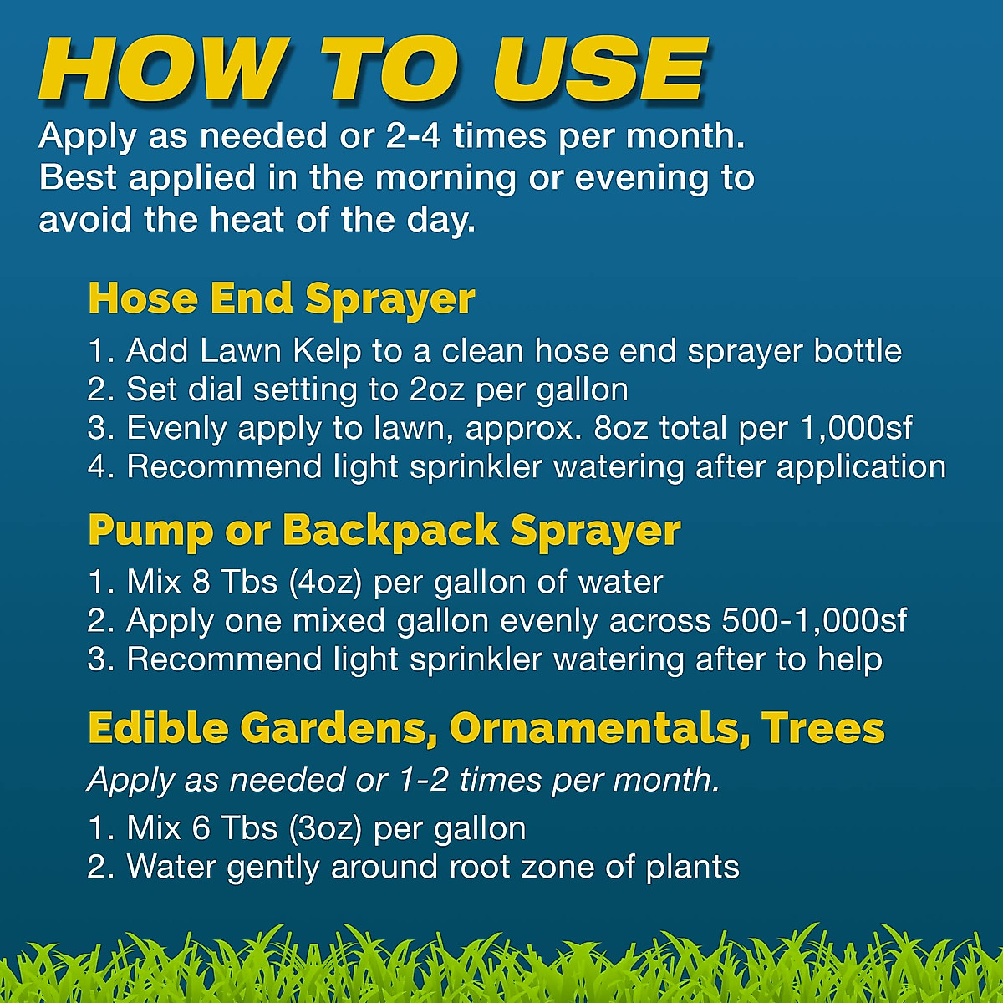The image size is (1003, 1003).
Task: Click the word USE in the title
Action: pyautogui.click(x=600, y=69)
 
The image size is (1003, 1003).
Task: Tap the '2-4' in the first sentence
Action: pyautogui.click(x=413, y=136)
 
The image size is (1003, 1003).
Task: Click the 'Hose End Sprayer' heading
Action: pyautogui.click(x=282, y=299)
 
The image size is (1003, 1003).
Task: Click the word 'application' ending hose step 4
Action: pyautogui.click(x=861, y=467)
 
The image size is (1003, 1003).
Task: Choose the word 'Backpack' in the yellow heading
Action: pyautogui.click(x=391, y=531)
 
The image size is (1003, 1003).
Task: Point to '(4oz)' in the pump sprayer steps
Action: pyautogui.click(x=325, y=582)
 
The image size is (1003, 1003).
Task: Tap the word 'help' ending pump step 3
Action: pyautogui.click(x=850, y=660)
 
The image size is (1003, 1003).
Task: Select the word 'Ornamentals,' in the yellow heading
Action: pyautogui.click(x=599, y=728)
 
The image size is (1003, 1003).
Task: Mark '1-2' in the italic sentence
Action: pyautogui.click(x=424, y=780)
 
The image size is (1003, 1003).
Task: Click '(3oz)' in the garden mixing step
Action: pyautogui.click(x=325, y=828)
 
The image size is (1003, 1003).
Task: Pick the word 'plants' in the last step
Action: pyautogui.click(x=692, y=868)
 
